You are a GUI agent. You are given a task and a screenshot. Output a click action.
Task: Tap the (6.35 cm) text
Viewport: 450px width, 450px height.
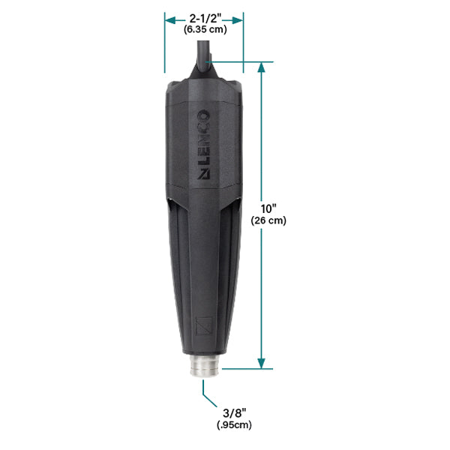coord(203,29)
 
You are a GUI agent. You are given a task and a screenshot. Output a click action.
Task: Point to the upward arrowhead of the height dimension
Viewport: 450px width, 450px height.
coord(262,67)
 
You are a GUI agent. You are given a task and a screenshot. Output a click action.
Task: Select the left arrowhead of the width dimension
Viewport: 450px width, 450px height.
coord(169,17)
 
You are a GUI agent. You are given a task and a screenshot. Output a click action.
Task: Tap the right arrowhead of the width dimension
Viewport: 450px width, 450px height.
coord(239,17)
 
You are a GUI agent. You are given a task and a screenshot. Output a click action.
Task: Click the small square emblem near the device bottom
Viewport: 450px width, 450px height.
coord(203,327)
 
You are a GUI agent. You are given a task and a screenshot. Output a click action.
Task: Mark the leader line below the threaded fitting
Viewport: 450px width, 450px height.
coord(203,391)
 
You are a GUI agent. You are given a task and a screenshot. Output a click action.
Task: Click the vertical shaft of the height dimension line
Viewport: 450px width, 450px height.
coord(262,150)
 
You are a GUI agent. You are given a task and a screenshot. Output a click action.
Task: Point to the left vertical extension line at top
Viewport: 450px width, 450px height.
coord(165,45)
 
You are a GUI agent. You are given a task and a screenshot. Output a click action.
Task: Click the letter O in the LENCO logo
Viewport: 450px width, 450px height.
coord(203,118)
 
